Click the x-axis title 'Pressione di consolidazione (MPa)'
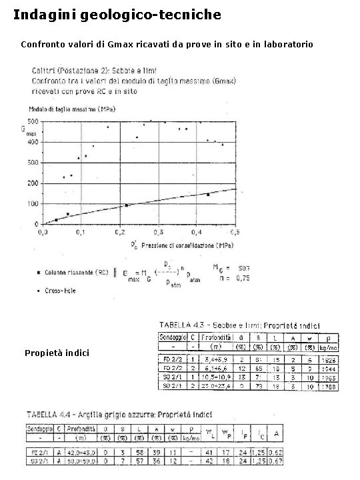[187, 245]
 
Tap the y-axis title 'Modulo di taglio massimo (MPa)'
[64, 108]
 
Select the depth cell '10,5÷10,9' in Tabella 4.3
[217, 377]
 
